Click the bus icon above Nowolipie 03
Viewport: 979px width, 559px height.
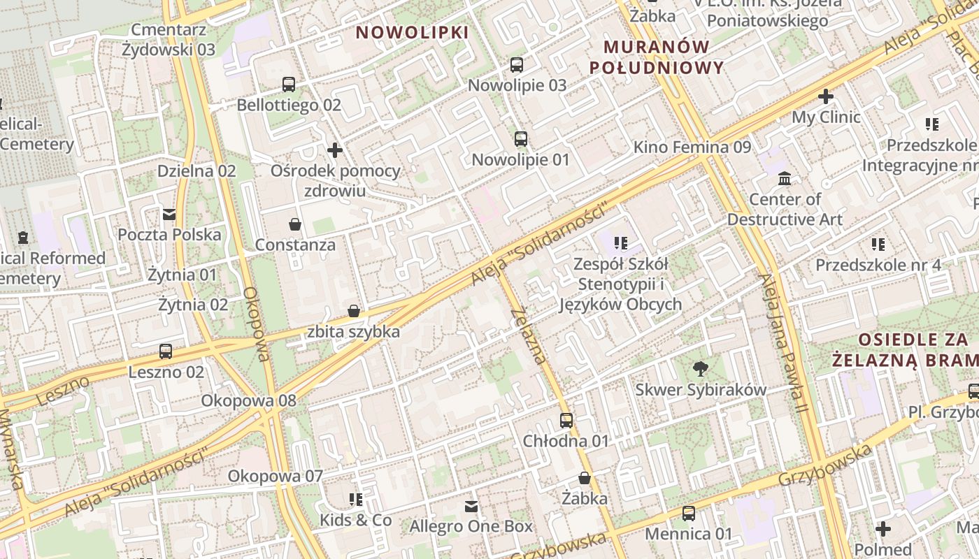pyautogui.click(x=517, y=65)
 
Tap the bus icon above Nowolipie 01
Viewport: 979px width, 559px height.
pyautogui.click(x=521, y=139)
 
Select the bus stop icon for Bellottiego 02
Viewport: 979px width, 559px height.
pyautogui.click(x=289, y=85)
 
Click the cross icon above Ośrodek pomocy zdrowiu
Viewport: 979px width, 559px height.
pyautogui.click(x=335, y=150)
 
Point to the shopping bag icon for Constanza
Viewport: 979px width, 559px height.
pyautogui.click(x=295, y=224)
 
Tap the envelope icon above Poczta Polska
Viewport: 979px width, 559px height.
pyautogui.click(x=169, y=214)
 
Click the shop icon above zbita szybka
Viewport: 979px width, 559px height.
pyautogui.click(x=354, y=311)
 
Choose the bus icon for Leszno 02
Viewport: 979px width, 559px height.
pyautogui.click(x=166, y=351)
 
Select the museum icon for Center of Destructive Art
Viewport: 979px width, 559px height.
pyautogui.click(x=785, y=179)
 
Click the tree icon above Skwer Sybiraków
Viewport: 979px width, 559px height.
pyautogui.click(x=700, y=369)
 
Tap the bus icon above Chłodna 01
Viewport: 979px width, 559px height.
pyautogui.click(x=566, y=421)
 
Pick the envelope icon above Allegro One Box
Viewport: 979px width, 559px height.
pyautogui.click(x=471, y=506)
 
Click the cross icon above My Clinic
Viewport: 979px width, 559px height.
pyautogui.click(x=826, y=96)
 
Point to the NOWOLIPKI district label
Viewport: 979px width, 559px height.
pyautogui.click(x=412, y=32)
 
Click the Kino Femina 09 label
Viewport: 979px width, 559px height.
pyautogui.click(x=692, y=147)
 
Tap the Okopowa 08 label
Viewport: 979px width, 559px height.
pyautogui.click(x=248, y=401)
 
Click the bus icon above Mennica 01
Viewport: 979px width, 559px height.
pyautogui.click(x=689, y=514)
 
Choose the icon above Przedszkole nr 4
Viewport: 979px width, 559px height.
pyautogui.click(x=878, y=245)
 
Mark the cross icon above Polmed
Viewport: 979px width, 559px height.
pyautogui.click(x=883, y=529)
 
